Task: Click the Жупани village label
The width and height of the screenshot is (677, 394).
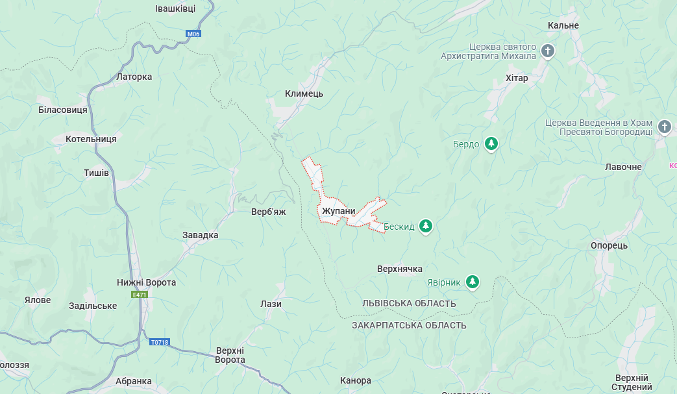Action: pyautogui.click(x=338, y=211)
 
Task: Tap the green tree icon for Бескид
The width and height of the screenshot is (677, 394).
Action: pyautogui.click(x=426, y=227)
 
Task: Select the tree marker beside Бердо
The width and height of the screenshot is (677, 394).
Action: pyautogui.click(x=492, y=143)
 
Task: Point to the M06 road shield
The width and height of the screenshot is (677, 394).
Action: pyautogui.click(x=193, y=34)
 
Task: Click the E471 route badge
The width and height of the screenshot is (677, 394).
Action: pyautogui.click(x=140, y=295)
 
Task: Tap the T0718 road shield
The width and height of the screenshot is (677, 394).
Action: pyautogui.click(x=159, y=342)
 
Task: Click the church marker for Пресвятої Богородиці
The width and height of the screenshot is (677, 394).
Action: pyautogui.click(x=665, y=127)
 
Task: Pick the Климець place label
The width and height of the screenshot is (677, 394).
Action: pyautogui.click(x=304, y=93)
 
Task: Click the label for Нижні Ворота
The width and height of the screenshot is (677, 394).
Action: pyautogui.click(x=146, y=282)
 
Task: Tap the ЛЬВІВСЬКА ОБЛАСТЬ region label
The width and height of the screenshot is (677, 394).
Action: pyautogui.click(x=409, y=304)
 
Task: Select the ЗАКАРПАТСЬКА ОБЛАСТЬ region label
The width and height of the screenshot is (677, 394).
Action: pyautogui.click(x=409, y=325)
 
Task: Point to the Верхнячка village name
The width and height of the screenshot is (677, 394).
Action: pyautogui.click(x=400, y=269)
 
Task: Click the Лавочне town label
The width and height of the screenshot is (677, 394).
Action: pyautogui.click(x=623, y=167)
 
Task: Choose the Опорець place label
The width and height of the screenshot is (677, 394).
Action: pyautogui.click(x=609, y=245)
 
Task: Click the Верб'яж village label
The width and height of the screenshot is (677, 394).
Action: pyautogui.click(x=269, y=212)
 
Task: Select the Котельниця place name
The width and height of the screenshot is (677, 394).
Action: pyautogui.click(x=91, y=139)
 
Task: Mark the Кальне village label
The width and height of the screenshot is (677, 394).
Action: pyautogui.click(x=563, y=25)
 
